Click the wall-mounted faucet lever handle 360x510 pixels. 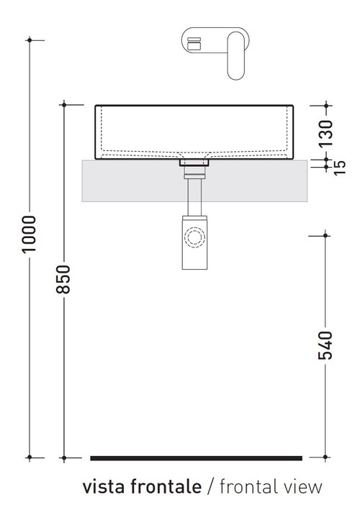click(237, 55)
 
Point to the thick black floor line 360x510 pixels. click(196, 457)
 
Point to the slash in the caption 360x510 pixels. click(210, 487)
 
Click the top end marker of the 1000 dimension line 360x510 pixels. click(30, 40)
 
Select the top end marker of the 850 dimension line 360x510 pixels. click(64, 105)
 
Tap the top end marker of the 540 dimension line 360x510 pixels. click(326, 234)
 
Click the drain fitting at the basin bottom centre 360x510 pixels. click(194, 166)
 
